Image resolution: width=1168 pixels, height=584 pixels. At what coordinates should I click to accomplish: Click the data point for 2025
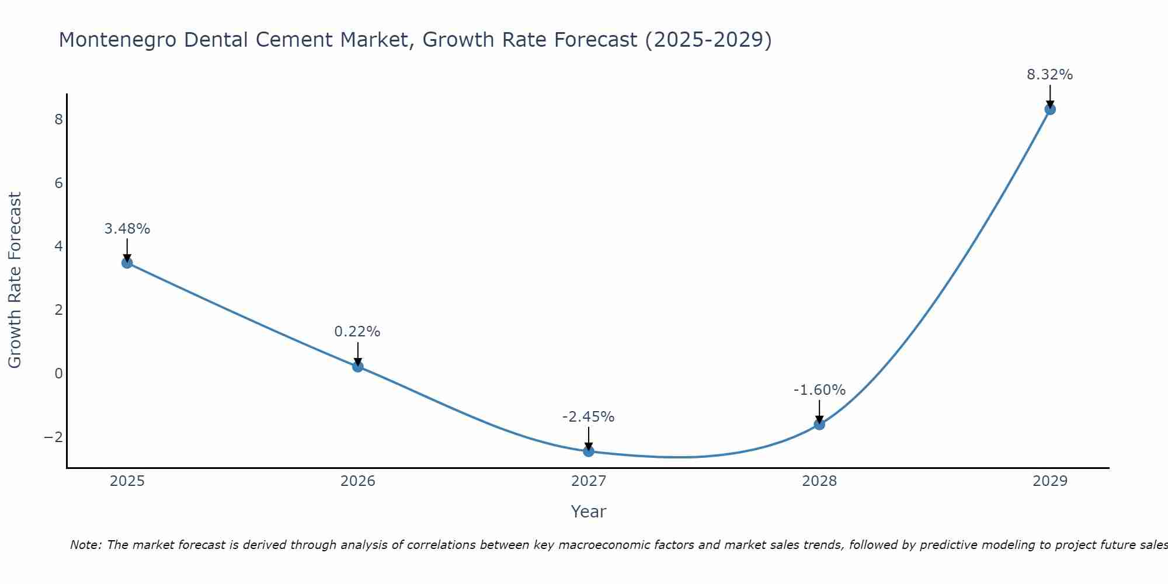(x=127, y=263)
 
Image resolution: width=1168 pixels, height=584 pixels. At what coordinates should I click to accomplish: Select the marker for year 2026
(x=358, y=367)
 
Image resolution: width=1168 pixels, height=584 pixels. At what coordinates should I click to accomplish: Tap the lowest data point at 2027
(x=589, y=451)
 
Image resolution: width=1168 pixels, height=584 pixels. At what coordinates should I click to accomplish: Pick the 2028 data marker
(x=819, y=425)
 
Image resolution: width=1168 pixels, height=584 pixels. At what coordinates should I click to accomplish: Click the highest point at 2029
(x=1050, y=109)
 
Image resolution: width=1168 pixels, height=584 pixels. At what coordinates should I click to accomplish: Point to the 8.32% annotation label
(x=1050, y=75)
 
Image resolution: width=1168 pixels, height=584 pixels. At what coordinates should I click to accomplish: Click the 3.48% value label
(x=127, y=229)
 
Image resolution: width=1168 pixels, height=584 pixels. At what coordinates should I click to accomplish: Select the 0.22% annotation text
(x=357, y=332)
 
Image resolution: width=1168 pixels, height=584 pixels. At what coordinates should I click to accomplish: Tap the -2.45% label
(x=588, y=417)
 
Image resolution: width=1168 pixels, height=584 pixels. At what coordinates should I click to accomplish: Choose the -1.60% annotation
(x=819, y=390)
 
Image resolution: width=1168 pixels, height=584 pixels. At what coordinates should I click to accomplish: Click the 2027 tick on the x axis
(x=589, y=481)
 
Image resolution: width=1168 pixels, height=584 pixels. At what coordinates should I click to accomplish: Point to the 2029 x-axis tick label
(x=1050, y=481)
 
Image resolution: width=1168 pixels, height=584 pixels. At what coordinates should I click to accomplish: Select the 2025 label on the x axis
(x=127, y=481)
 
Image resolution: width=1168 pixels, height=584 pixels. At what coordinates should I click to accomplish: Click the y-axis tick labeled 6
(x=58, y=183)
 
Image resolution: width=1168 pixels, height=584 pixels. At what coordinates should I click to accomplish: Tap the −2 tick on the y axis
(x=54, y=437)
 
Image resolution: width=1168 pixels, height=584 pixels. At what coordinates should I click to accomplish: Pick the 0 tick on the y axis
(x=58, y=374)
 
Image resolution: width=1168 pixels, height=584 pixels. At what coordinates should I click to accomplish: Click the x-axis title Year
(x=589, y=512)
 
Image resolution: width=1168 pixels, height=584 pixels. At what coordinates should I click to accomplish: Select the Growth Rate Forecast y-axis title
(x=15, y=280)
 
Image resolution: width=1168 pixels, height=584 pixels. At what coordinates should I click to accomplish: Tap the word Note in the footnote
(x=86, y=545)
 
